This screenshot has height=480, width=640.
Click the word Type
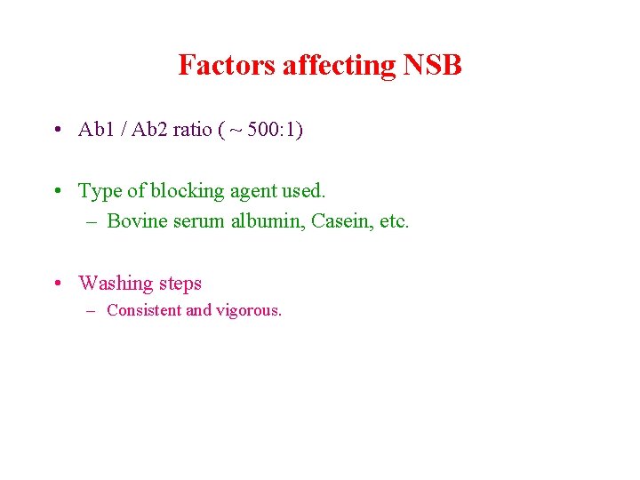[x=100, y=190]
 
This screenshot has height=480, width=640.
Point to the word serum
[x=199, y=221]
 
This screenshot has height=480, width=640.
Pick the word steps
[x=180, y=284]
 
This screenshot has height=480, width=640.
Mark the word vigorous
[x=248, y=311]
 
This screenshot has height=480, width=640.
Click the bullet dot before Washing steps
[x=56, y=284]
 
